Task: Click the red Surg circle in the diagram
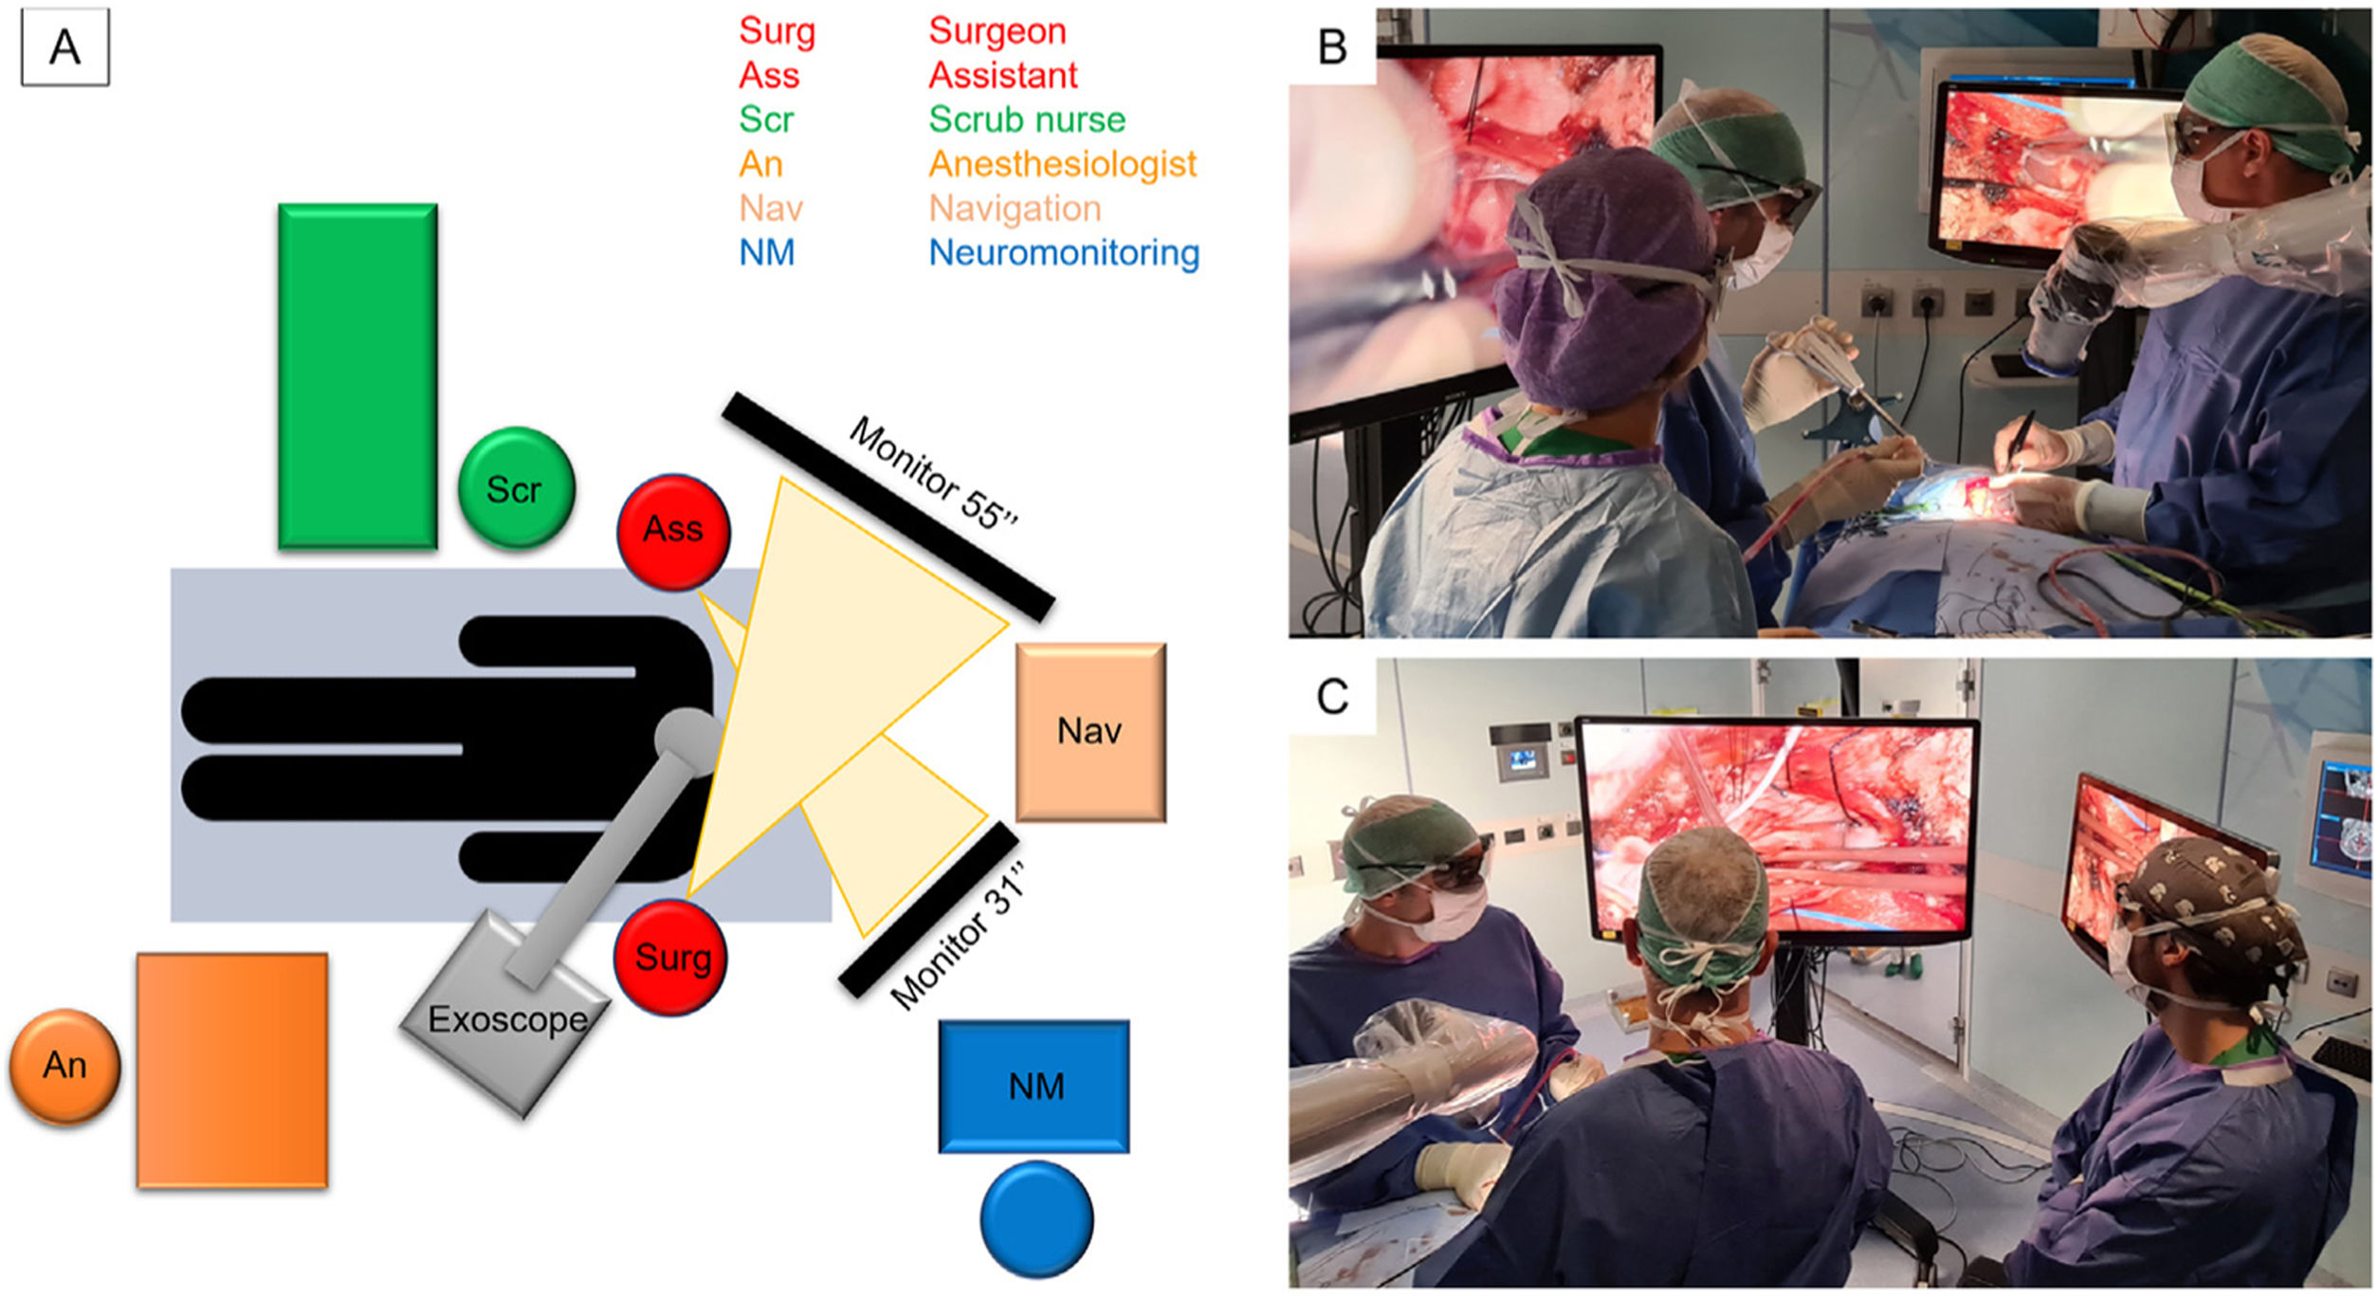point(671,958)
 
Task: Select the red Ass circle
point(673,531)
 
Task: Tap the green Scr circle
point(516,488)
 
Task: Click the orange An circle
point(64,1066)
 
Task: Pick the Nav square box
point(1090,731)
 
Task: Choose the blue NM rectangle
point(1034,1086)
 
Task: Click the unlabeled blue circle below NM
point(1036,1219)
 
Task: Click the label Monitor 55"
point(933,472)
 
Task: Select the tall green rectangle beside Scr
point(357,376)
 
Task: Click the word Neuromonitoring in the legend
point(1064,253)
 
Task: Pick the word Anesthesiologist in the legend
point(1062,164)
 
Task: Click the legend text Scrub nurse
point(1027,119)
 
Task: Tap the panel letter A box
point(64,46)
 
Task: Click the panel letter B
point(1332,46)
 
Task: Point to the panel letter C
point(1332,697)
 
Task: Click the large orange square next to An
point(232,1069)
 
